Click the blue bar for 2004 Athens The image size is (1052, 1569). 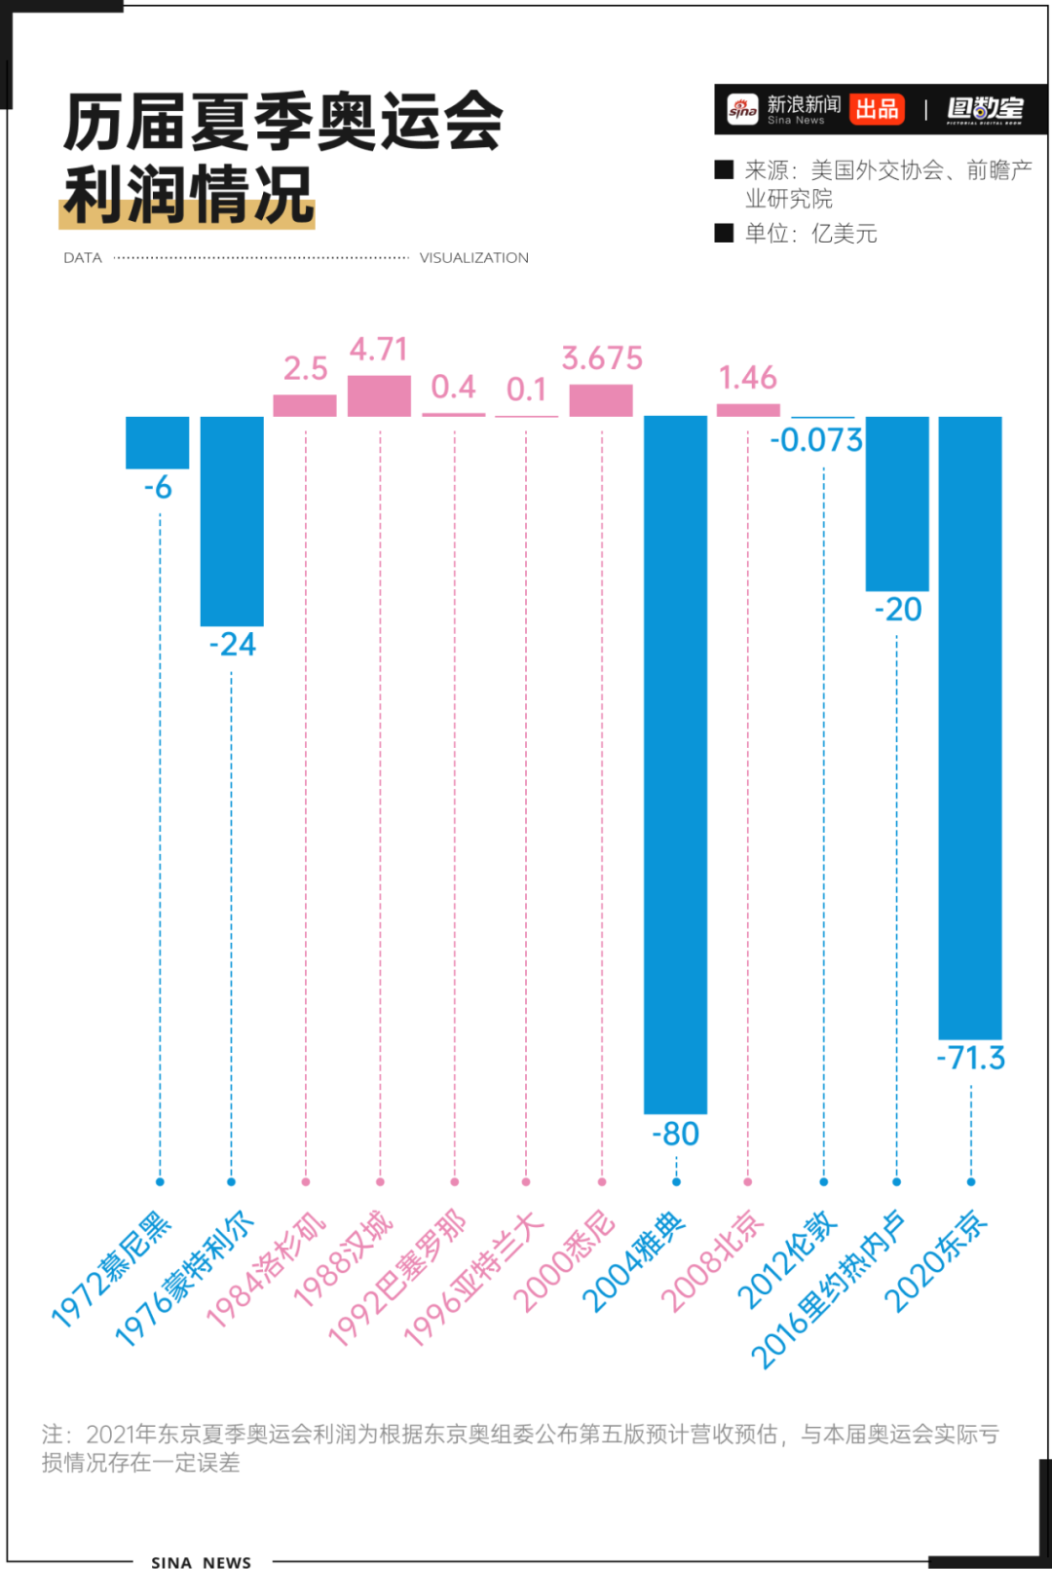pyautogui.click(x=675, y=765)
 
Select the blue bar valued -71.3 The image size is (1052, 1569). pyautogui.click(x=970, y=728)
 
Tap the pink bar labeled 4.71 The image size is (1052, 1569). pyautogui.click(x=379, y=395)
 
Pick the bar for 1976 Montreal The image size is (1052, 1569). pyautogui.click(x=232, y=521)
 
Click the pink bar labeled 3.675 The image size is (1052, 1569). pyautogui.click(x=601, y=400)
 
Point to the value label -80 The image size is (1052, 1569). pyautogui.click(x=676, y=1134)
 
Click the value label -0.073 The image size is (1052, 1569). pyautogui.click(x=816, y=440)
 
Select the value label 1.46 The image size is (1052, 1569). pyautogui.click(x=747, y=378)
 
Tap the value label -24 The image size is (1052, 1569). pyautogui.click(x=233, y=645)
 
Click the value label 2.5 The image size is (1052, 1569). pyautogui.click(x=305, y=369)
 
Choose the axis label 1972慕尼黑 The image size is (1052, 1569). pyautogui.click(x=111, y=1269)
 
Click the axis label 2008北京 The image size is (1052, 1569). pyautogui.click(x=712, y=1261)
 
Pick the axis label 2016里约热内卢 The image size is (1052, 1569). pyautogui.click(x=827, y=1289)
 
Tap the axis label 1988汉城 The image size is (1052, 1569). pyautogui.click(x=343, y=1258)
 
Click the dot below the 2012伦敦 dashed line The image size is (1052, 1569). pyautogui.click(x=823, y=1181)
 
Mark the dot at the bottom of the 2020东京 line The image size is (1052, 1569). pyautogui.click(x=971, y=1181)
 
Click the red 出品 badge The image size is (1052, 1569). pyautogui.click(x=877, y=109)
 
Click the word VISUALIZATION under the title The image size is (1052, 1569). pyautogui.click(x=473, y=258)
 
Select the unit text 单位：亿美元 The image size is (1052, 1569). pyautogui.click(x=810, y=234)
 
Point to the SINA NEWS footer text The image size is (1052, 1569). pyautogui.click(x=201, y=1562)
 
